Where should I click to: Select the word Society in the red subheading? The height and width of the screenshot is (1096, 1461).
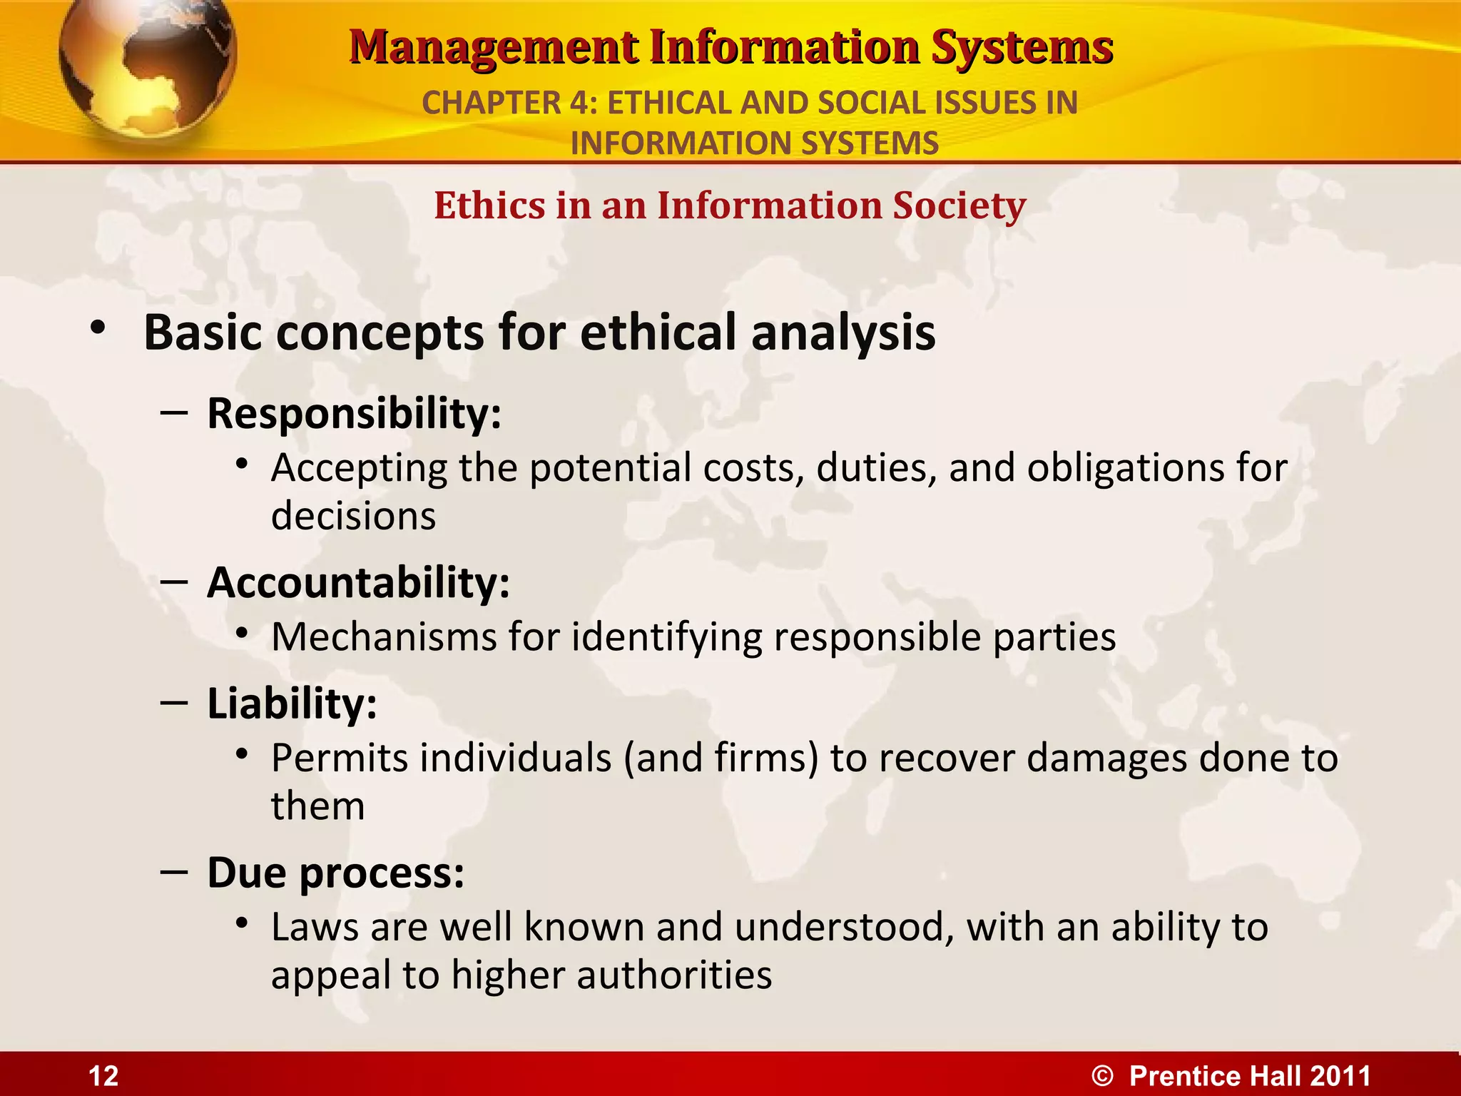click(959, 205)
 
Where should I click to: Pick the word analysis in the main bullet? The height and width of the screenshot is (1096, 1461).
click(843, 333)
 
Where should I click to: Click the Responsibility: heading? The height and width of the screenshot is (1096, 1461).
click(354, 413)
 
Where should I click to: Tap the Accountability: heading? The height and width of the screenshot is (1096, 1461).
click(358, 583)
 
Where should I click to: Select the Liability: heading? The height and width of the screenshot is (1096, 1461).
click(292, 704)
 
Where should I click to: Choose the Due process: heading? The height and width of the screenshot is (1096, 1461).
click(335, 873)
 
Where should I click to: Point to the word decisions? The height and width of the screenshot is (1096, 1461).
click(353, 516)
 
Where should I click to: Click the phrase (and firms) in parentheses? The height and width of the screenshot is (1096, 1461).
click(721, 758)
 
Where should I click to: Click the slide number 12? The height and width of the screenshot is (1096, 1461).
click(103, 1076)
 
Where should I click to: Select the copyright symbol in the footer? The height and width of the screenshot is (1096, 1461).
click(1102, 1076)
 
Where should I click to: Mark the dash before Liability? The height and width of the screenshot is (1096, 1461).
click(174, 704)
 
